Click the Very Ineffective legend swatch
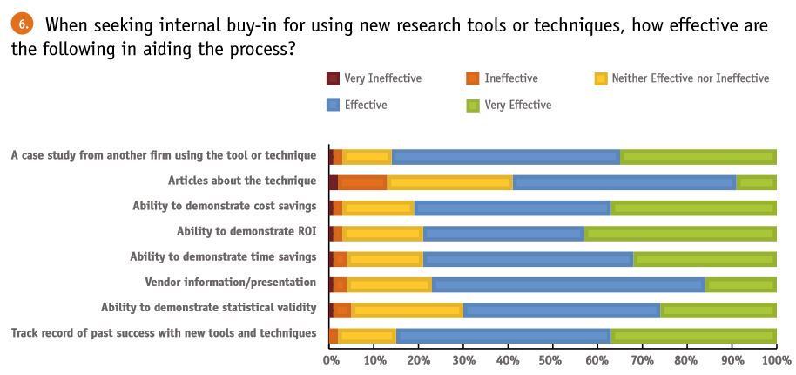[333, 78]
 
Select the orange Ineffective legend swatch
[473, 78]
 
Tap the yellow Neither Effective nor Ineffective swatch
[601, 78]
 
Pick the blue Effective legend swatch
[333, 106]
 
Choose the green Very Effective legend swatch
[473, 106]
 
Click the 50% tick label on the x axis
[553, 359]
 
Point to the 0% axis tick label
[330, 359]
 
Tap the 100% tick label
[775, 359]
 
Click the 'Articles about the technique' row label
[241, 181]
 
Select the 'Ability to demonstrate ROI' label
[246, 232]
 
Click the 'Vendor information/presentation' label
[230, 283]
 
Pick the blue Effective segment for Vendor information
[569, 283]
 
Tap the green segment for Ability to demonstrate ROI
[679, 233]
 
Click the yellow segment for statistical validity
[407, 309]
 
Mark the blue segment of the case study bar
[507, 157]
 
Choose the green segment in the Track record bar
[694, 334]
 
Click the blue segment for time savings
[529, 258]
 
